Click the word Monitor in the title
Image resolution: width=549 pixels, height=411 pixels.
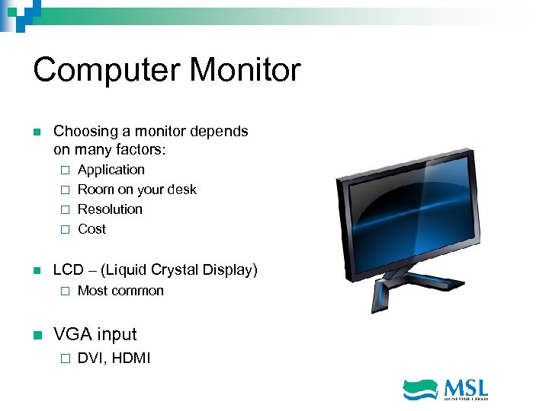245,71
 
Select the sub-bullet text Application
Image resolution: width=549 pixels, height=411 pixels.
111,170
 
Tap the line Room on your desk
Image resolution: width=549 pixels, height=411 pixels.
136,190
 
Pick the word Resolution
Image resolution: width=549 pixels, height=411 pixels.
110,209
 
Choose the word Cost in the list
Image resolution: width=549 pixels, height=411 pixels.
91,229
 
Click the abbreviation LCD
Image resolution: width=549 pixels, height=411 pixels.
68,270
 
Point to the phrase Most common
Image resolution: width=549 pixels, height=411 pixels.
120,291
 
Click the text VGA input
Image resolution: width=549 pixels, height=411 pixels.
95,334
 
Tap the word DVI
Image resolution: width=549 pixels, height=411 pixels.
91,358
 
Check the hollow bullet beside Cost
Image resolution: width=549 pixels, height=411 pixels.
65,230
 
